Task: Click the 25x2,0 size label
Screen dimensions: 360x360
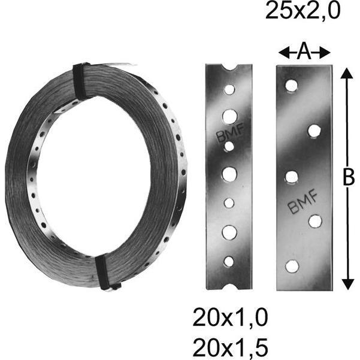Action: pyautogui.click(x=302, y=11)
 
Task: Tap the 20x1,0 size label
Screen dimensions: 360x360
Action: pyautogui.click(x=230, y=317)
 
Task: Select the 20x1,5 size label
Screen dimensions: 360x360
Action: pyautogui.click(x=230, y=347)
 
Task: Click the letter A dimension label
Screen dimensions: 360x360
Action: pyautogui.click(x=304, y=52)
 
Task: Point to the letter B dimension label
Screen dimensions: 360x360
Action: pyautogui.click(x=348, y=177)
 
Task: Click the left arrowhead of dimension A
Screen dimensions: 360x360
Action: pyautogui.click(x=283, y=53)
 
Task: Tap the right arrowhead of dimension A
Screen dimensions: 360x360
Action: pyautogui.click(x=325, y=53)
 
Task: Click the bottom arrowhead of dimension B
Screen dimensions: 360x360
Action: pyautogui.click(x=347, y=284)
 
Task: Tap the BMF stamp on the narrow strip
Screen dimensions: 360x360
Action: pyautogui.click(x=230, y=133)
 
